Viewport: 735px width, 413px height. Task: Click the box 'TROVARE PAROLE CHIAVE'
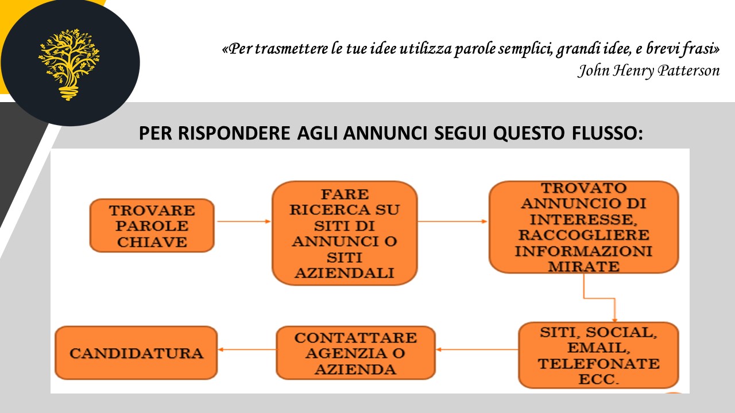click(152, 225)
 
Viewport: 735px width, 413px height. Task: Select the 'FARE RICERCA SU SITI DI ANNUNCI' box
click(345, 233)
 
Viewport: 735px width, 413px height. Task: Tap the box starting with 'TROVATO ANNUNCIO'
click(583, 227)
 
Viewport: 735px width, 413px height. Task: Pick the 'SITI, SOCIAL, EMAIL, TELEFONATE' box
click(598, 355)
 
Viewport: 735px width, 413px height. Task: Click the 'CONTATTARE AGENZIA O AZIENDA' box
click(355, 353)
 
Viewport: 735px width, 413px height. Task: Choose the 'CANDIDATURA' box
click(136, 353)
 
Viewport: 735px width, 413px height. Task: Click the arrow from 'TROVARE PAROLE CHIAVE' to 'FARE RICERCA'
click(244, 221)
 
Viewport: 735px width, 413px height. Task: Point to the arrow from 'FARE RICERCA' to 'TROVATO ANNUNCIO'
click(452, 221)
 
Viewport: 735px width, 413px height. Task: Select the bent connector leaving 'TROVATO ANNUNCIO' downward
click(599, 298)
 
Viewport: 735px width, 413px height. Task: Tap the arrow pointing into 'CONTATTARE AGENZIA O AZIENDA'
click(477, 349)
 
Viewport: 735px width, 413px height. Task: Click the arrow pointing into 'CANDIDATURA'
click(247, 349)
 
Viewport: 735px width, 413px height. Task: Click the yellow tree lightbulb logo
click(69, 64)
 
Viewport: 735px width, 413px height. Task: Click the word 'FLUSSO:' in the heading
click(608, 133)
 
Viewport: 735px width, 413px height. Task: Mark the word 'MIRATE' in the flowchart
click(584, 267)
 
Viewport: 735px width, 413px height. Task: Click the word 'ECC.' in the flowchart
click(598, 379)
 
